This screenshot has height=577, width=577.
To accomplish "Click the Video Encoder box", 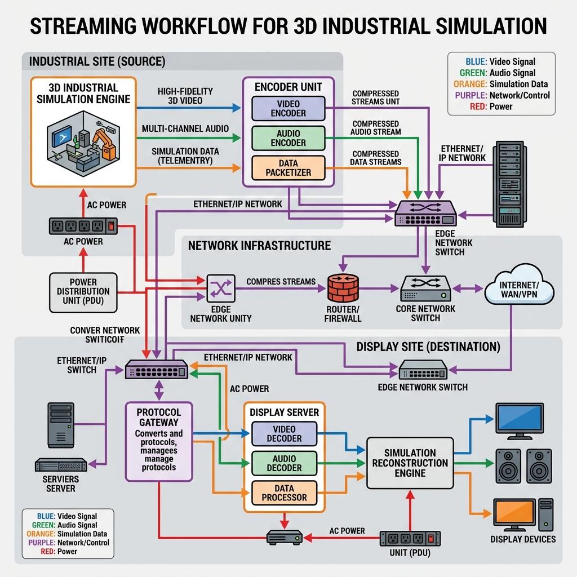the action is pyautogui.click(x=288, y=109).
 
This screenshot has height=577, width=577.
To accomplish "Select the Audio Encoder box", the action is pyautogui.click(x=288, y=138).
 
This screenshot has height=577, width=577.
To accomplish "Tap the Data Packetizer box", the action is pyautogui.click(x=288, y=168).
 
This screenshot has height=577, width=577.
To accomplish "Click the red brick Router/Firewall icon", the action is pyautogui.click(x=343, y=288).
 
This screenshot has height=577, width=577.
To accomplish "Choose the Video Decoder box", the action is pyautogui.click(x=284, y=434).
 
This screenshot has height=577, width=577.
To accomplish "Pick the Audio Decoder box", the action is pyautogui.click(x=284, y=463).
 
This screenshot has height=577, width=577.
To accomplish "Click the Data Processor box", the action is pyautogui.click(x=284, y=492).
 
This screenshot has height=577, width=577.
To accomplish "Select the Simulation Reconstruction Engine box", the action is pyautogui.click(x=410, y=463).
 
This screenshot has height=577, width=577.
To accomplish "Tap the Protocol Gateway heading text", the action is pyautogui.click(x=158, y=418).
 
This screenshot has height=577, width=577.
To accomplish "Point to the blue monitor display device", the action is pyautogui.click(x=520, y=421).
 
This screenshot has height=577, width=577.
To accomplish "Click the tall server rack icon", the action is pyautogui.click(x=509, y=184).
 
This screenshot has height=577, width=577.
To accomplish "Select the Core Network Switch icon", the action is pyautogui.click(x=426, y=289).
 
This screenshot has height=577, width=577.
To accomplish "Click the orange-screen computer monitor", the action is pyautogui.click(x=514, y=514).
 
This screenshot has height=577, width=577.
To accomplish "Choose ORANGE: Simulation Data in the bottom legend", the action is pyautogui.click(x=66, y=534).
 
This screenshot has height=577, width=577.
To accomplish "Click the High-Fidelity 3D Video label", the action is pyautogui.click(x=185, y=96).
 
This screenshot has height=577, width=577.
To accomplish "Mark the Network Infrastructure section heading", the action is pyautogui.click(x=259, y=246).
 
